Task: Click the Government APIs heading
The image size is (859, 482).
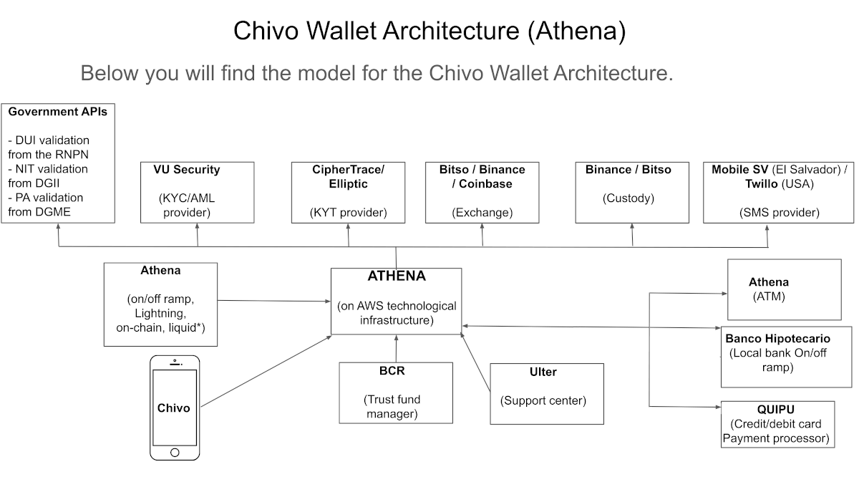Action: pyautogui.click(x=57, y=112)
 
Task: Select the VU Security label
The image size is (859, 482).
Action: pyautogui.click(x=187, y=170)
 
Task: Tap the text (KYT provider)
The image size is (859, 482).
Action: pyautogui.click(x=348, y=213)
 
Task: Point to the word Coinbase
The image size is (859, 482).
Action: pyautogui.click(x=485, y=184)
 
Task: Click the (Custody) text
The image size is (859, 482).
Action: pyautogui.click(x=629, y=198)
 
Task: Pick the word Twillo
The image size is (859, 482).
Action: pyautogui.click(x=761, y=184)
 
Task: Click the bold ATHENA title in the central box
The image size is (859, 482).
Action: pyautogui.click(x=397, y=276)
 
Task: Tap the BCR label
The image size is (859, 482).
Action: pyautogui.click(x=392, y=371)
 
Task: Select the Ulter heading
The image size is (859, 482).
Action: pyautogui.click(x=543, y=372)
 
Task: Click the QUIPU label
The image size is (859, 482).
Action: pyautogui.click(x=775, y=410)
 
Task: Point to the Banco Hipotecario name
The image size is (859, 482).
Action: pyautogui.click(x=777, y=339)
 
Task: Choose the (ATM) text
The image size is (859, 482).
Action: pyautogui.click(x=769, y=297)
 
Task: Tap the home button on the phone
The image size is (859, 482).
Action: pyautogui.click(x=175, y=453)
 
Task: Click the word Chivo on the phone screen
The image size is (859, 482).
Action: pyautogui.click(x=173, y=408)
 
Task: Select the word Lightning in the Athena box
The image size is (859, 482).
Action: pyautogui.click(x=160, y=314)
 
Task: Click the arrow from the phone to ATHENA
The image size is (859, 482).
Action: pyautogui.click(x=266, y=371)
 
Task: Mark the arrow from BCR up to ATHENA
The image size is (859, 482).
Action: pyautogui.click(x=396, y=349)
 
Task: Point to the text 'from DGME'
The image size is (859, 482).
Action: pyautogui.click(x=39, y=212)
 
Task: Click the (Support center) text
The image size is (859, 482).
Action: pyautogui.click(x=543, y=400)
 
